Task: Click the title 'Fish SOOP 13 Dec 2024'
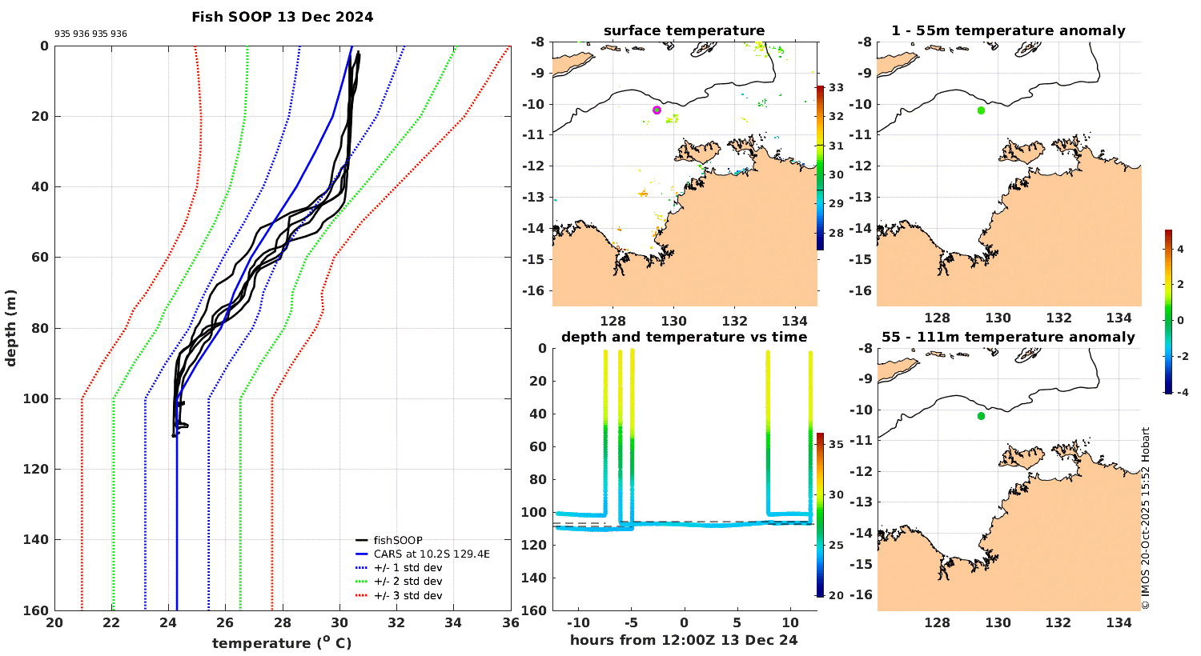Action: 282,17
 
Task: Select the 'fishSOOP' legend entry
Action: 398,540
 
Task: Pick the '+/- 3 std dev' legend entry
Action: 408,595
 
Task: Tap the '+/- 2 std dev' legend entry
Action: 408,582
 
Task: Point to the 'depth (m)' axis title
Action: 11,328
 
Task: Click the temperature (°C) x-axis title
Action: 282,642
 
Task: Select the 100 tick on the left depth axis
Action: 38,398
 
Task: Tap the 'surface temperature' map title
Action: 684,30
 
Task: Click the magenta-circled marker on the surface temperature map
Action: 657,110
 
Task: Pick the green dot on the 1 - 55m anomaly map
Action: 981,110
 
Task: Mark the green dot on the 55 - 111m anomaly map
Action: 981,416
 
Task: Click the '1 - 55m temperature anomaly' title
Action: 1008,30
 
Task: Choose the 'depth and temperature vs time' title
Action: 684,337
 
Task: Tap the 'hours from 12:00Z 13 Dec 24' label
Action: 684,640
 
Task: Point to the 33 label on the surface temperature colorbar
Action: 835,87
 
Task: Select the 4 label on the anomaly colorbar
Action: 1180,250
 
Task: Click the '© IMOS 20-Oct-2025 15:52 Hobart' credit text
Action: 1146,518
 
